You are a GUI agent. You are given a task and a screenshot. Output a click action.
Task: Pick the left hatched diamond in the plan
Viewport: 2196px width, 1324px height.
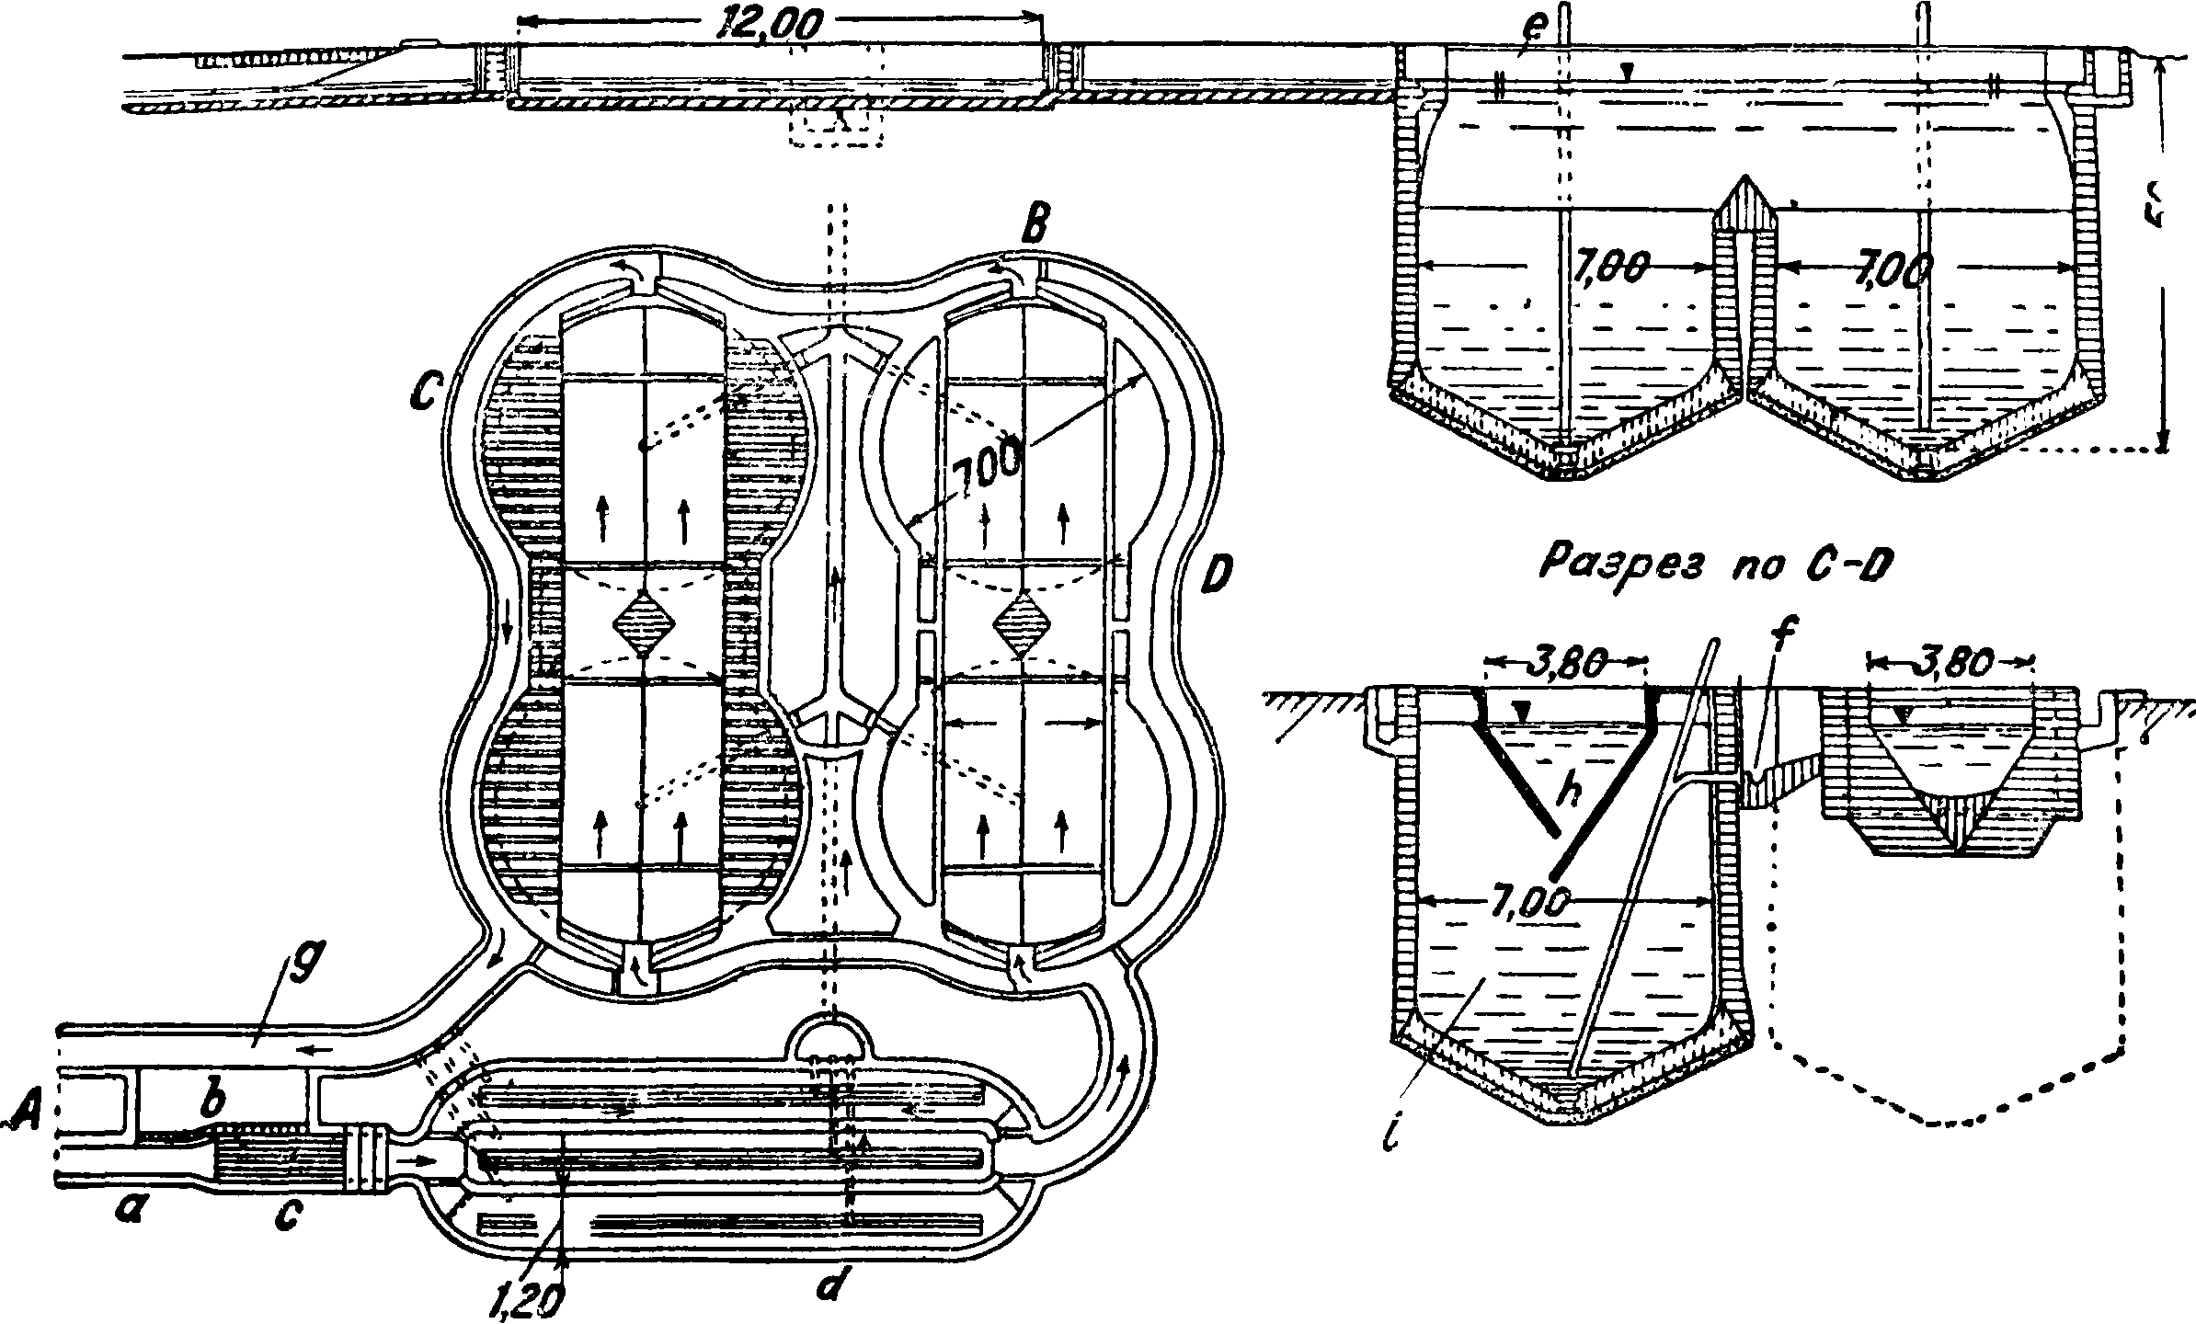click(644, 624)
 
